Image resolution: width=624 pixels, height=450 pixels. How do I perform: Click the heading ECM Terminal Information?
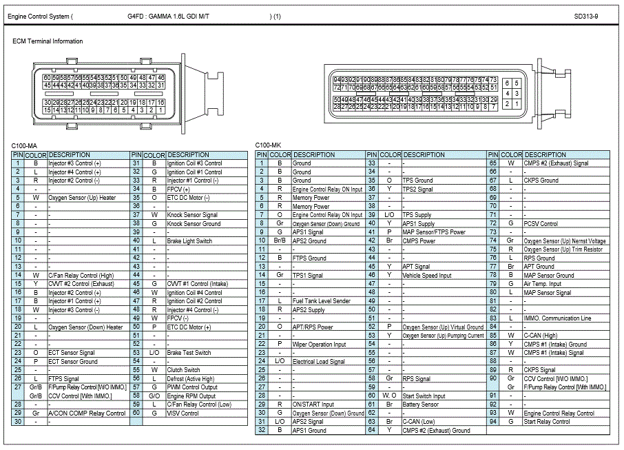pyautogui.click(x=48, y=41)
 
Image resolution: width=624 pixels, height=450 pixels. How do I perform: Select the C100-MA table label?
pyautogui.click(x=24, y=145)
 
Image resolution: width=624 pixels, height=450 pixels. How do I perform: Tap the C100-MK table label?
pyautogui.click(x=268, y=145)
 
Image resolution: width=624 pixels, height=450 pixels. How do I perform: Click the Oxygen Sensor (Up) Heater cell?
pyautogui.click(x=82, y=198)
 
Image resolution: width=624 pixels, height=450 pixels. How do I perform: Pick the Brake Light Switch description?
pyautogui.click(x=189, y=241)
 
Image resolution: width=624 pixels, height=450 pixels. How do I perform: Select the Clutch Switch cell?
pyautogui.click(x=183, y=370)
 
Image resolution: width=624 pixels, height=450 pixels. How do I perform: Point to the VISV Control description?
pyautogui.click(x=183, y=413)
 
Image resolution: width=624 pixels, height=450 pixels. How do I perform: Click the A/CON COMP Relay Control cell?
pyautogui.click(x=87, y=413)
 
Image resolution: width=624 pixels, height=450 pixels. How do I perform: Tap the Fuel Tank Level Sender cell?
pyautogui.click(x=321, y=301)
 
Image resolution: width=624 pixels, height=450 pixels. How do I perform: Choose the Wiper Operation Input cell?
pyautogui.click(x=319, y=345)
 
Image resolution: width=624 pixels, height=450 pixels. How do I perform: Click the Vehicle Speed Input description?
pyautogui.click(x=427, y=275)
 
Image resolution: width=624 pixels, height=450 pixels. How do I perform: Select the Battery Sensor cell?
pyautogui.click(x=420, y=405)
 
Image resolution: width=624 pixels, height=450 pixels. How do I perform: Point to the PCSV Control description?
pyautogui.click(x=541, y=224)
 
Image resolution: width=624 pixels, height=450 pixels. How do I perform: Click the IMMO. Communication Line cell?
pyautogui.click(x=557, y=318)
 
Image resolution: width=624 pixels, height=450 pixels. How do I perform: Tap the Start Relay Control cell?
pyautogui.click(x=547, y=422)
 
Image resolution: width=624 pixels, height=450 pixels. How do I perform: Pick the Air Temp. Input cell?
pyautogui.click(x=543, y=284)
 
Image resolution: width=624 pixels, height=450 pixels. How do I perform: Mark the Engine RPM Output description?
pyautogui.click(x=191, y=396)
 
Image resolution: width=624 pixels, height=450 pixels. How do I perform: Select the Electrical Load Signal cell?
pyautogui.click(x=318, y=362)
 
